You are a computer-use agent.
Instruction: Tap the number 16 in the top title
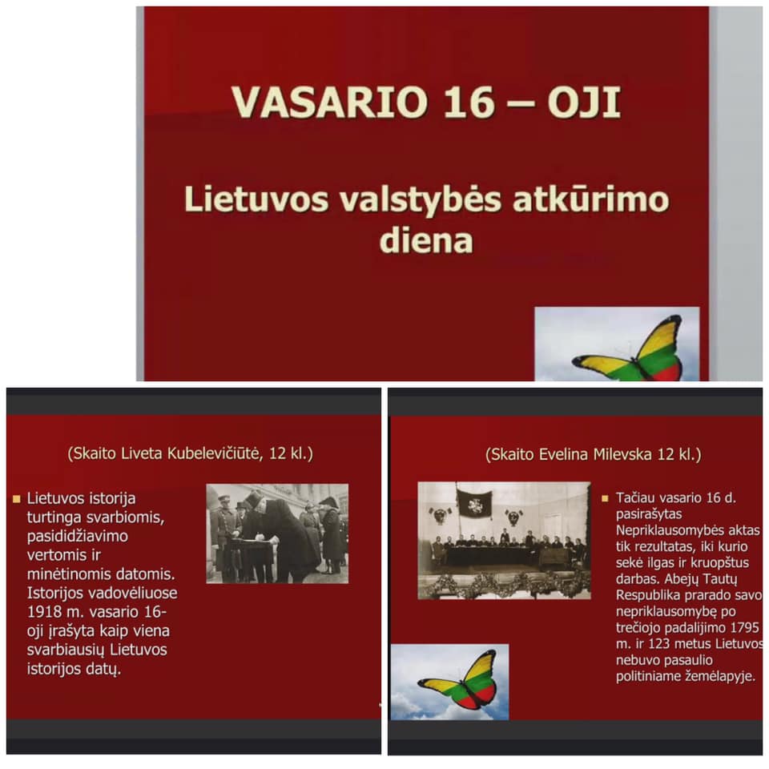[468, 102]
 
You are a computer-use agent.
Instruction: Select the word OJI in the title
[584, 102]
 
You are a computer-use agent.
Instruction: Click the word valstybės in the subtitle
[421, 200]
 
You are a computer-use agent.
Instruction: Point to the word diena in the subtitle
[426, 240]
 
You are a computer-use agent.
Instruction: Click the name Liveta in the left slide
[142, 453]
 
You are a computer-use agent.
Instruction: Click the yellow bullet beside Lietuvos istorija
[17, 499]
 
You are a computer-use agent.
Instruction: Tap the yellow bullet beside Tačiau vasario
[605, 498]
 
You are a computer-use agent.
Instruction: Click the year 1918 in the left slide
[42, 612]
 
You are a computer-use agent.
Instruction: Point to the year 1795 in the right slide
[744, 628]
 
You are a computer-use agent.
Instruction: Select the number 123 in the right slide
[662, 643]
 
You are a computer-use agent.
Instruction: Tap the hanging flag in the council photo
[474, 505]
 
